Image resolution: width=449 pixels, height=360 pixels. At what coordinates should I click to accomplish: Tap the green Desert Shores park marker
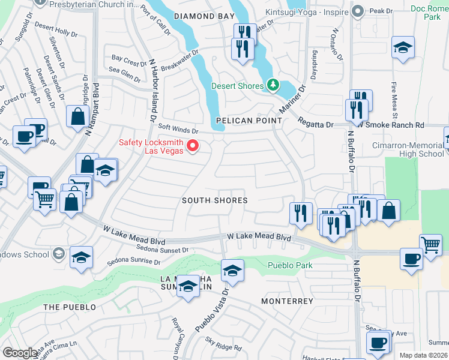[x=273, y=85]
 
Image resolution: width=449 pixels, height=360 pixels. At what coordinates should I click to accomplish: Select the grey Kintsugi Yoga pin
[x=358, y=11]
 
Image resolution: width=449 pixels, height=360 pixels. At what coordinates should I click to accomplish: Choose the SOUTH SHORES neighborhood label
[x=215, y=200]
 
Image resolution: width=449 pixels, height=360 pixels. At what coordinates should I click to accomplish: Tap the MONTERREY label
[x=287, y=301]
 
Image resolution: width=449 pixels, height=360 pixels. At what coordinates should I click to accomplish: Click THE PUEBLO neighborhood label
[x=70, y=307]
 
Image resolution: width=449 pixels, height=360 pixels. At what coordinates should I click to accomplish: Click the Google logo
[x=20, y=353]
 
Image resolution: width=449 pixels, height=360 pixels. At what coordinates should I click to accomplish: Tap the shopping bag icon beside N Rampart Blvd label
[x=79, y=116]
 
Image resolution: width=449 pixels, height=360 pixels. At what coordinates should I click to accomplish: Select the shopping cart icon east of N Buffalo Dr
[x=430, y=244]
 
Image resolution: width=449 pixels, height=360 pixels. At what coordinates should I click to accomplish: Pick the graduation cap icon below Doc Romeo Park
[x=403, y=47]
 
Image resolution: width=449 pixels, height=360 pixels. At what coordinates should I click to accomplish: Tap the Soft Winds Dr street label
[x=178, y=127]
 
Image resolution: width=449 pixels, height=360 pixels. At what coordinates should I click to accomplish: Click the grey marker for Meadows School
[x=59, y=254]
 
